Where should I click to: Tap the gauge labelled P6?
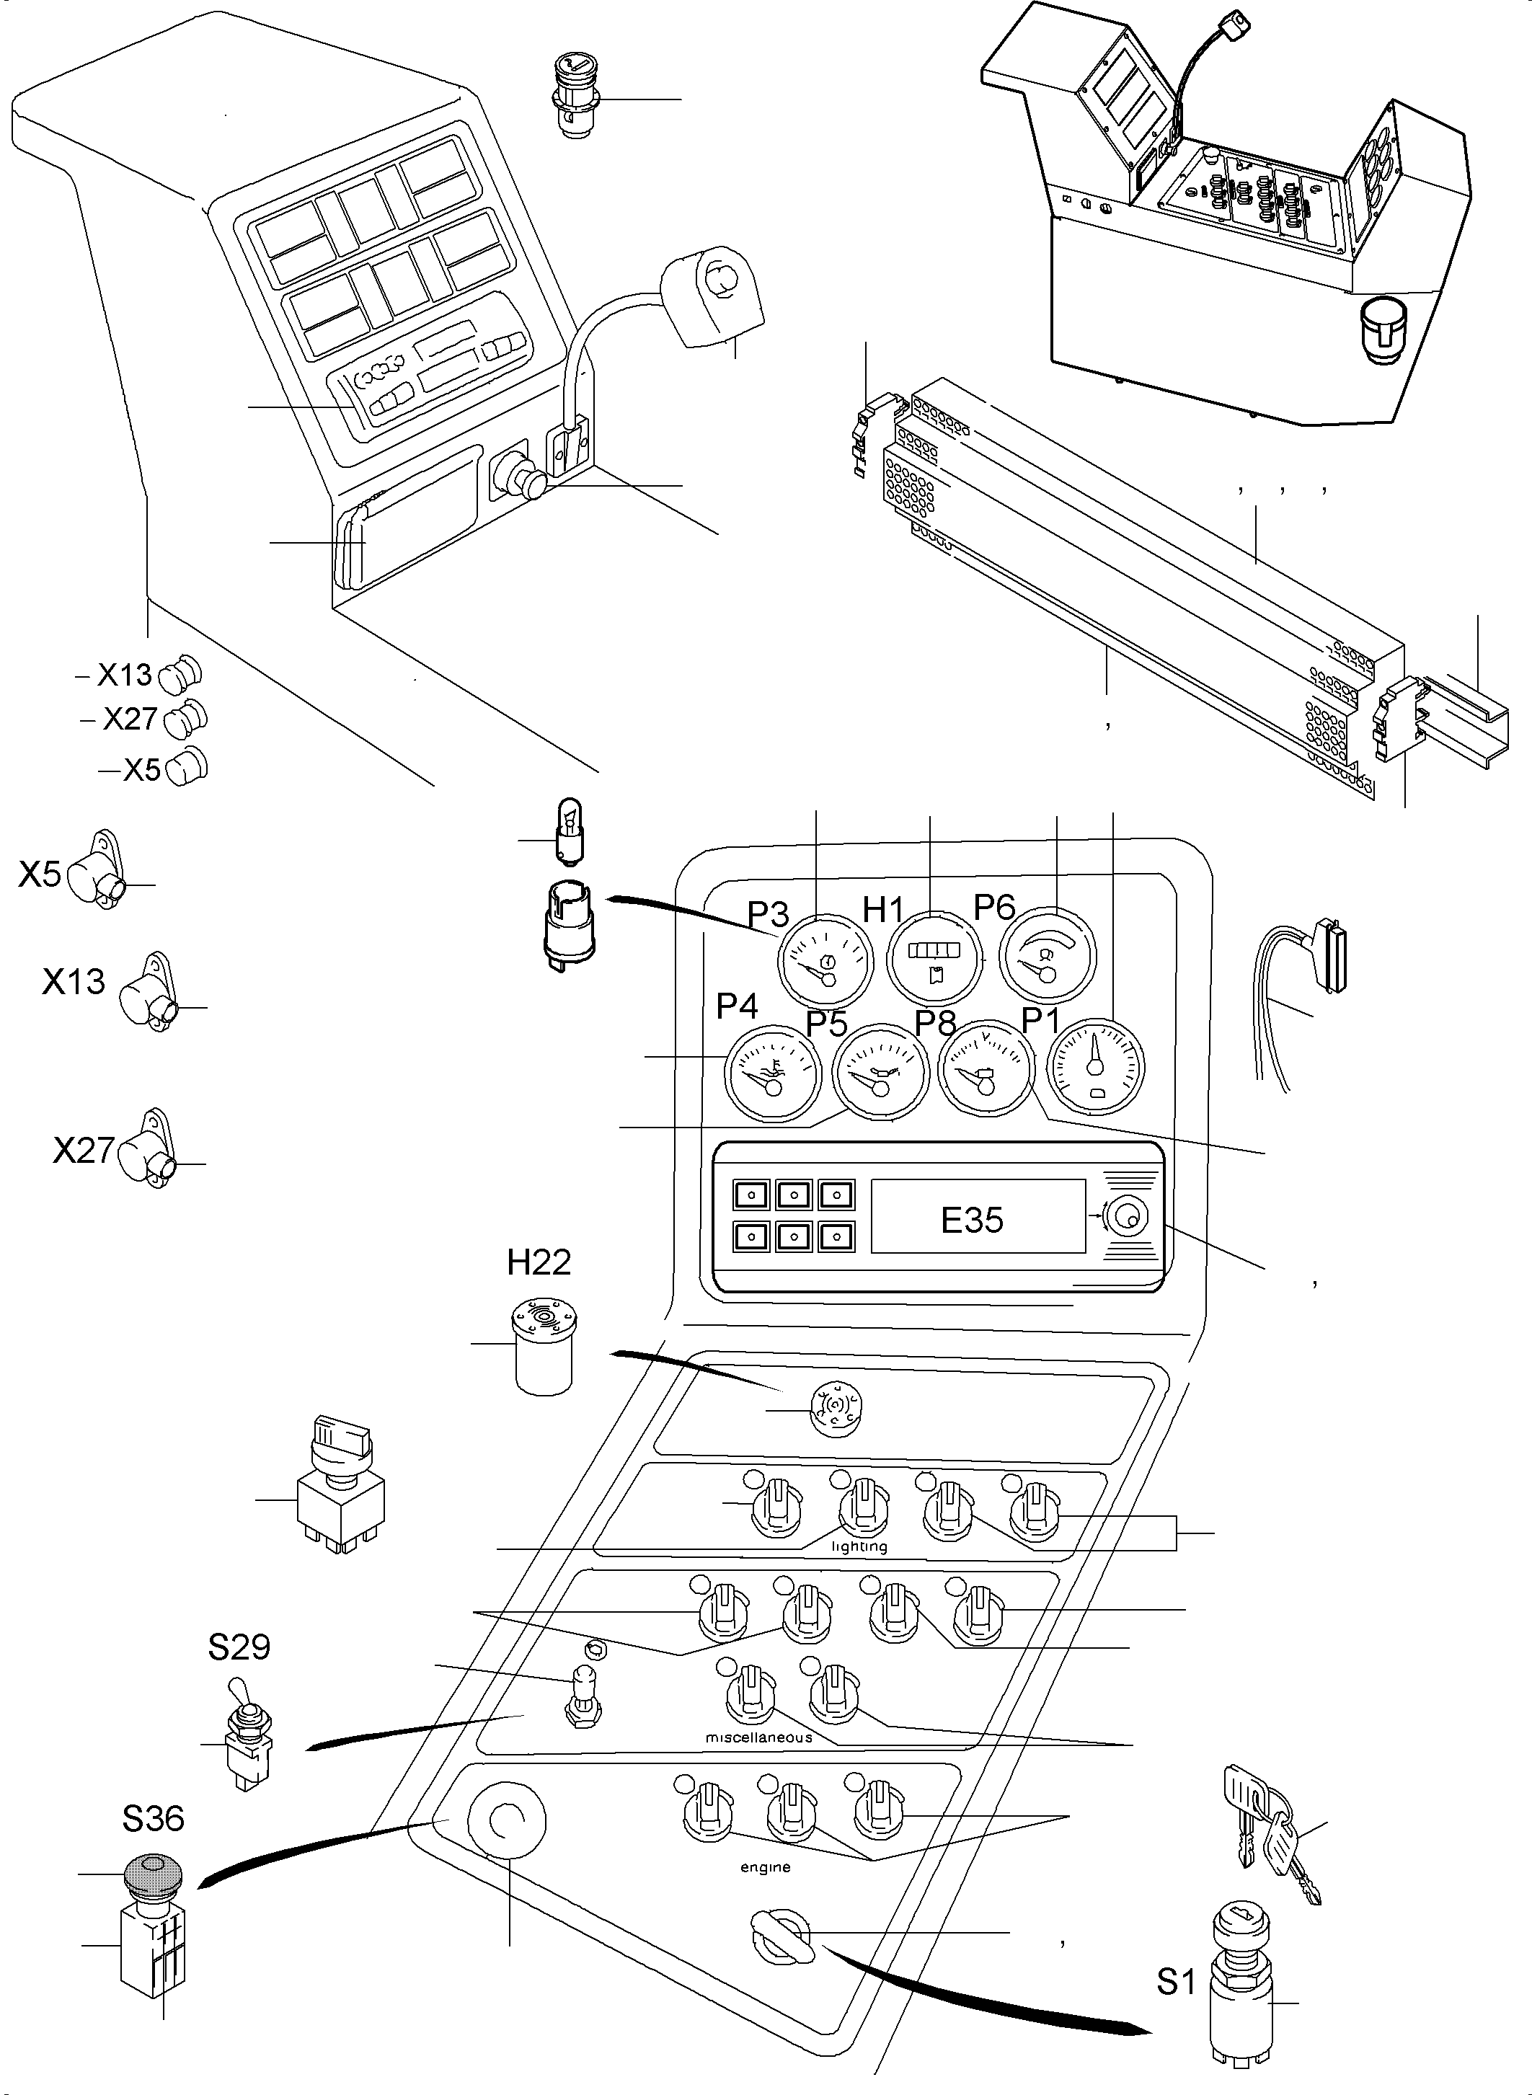1047,957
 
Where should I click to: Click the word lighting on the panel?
859,1547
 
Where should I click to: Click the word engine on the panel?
765,1868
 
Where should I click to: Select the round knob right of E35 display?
1128,1218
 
